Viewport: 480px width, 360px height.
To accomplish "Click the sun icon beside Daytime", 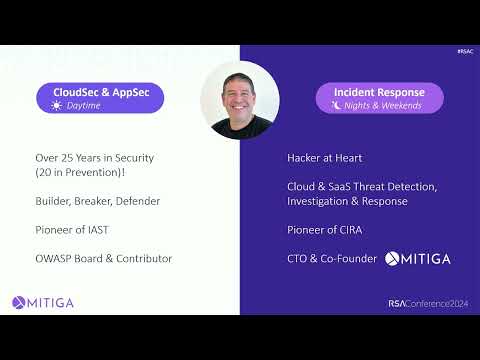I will click(57, 105).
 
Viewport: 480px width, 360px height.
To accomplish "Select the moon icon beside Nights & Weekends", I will click(337, 105).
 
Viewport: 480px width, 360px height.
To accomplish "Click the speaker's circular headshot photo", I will click(240, 99).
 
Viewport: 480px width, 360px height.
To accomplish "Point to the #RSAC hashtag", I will click(463, 51).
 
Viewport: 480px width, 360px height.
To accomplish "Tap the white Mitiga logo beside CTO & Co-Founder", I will click(418, 259).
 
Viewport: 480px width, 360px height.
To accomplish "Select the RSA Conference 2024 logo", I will click(428, 303).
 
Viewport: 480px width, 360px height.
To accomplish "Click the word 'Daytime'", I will click(86, 105).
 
